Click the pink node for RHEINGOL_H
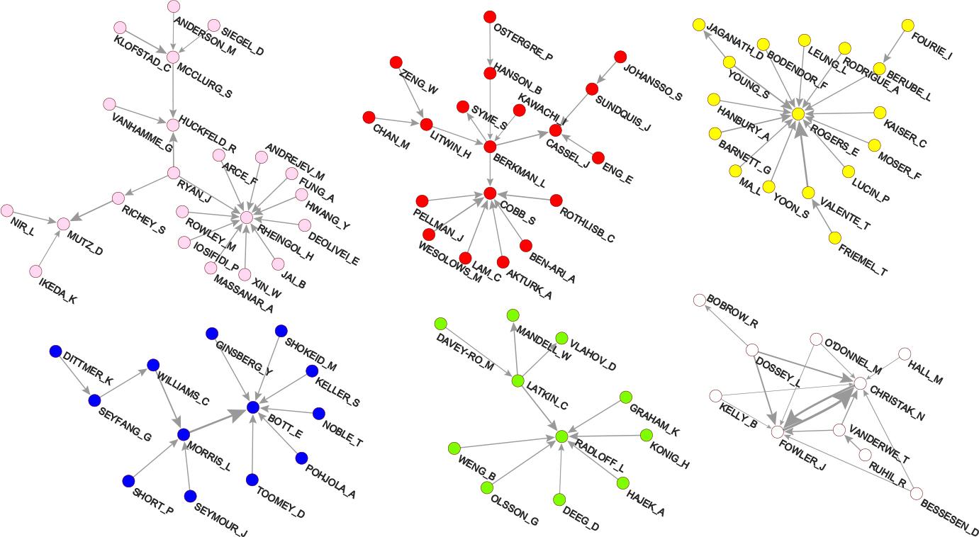(247, 217)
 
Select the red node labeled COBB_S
(490, 193)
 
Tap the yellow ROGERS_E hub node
(798, 113)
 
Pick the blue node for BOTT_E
(253, 407)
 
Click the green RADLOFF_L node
(561, 436)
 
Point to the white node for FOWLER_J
(778, 431)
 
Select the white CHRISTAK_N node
(860, 383)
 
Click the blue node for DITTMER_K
(55, 351)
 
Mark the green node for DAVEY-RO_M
(440, 323)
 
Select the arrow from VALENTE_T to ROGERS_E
(803, 156)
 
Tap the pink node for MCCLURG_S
(173, 57)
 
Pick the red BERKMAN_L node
(490, 147)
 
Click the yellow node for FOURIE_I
(907, 26)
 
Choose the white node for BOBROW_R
(700, 300)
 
